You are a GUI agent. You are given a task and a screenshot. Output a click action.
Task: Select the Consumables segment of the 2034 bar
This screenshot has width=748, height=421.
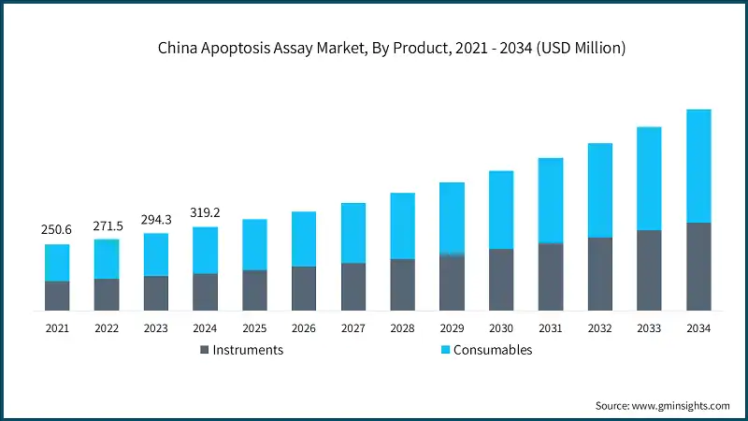point(698,166)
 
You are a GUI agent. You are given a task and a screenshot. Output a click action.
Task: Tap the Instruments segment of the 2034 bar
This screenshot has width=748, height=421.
point(698,267)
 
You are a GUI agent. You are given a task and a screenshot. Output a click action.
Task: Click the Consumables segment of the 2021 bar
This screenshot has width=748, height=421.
point(57,263)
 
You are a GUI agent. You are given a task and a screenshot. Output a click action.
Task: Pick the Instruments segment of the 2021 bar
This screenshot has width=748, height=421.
point(57,296)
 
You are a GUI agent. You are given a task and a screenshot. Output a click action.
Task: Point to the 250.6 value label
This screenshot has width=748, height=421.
point(57,230)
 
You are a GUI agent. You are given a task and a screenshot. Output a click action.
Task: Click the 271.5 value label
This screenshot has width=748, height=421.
point(107,225)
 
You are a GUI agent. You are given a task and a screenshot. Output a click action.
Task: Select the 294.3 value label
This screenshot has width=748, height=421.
point(156,219)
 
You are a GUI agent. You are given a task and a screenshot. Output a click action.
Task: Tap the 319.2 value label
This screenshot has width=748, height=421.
point(206,212)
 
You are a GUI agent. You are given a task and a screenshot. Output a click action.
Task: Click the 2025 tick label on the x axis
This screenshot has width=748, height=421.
point(254,328)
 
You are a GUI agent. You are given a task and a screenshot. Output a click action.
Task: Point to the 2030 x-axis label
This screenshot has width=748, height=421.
point(501,328)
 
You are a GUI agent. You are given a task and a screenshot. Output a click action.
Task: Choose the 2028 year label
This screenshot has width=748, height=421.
point(402,328)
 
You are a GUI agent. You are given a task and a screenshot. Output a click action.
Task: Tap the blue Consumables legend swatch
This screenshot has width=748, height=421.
point(445,350)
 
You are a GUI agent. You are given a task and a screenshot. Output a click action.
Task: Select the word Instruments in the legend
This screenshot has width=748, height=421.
point(248,350)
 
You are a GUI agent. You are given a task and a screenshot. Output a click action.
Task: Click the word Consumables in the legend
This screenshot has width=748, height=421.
point(493,350)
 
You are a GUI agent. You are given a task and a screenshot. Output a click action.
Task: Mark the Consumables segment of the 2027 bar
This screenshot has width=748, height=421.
point(353,233)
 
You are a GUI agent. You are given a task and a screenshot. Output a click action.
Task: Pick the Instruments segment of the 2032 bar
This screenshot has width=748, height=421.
point(599,273)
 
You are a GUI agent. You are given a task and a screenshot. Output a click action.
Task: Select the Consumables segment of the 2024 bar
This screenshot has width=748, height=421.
point(206,250)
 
